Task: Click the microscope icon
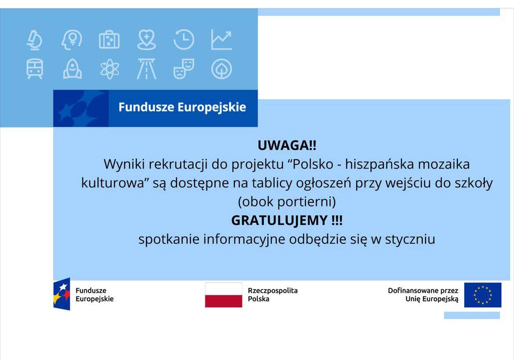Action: tap(34, 40)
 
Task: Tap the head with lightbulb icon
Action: tap(72, 40)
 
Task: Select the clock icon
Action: tap(184, 40)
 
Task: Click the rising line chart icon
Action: tap(221, 40)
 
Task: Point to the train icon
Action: tap(35, 69)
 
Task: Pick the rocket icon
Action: tap(72, 69)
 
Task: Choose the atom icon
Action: tap(109, 69)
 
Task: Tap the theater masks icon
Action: tap(184, 69)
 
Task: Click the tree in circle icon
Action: tap(221, 69)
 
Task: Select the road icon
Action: tap(146, 69)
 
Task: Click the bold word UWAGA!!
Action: tap(286, 145)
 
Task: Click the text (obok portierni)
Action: tap(286, 202)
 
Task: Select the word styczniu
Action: tap(410, 239)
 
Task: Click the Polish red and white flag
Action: tap(223, 295)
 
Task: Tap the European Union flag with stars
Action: tap(482, 295)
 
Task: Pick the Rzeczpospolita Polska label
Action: tap(272, 295)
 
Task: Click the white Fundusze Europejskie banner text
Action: tap(182, 108)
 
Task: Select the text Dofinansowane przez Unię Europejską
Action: tap(423, 295)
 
